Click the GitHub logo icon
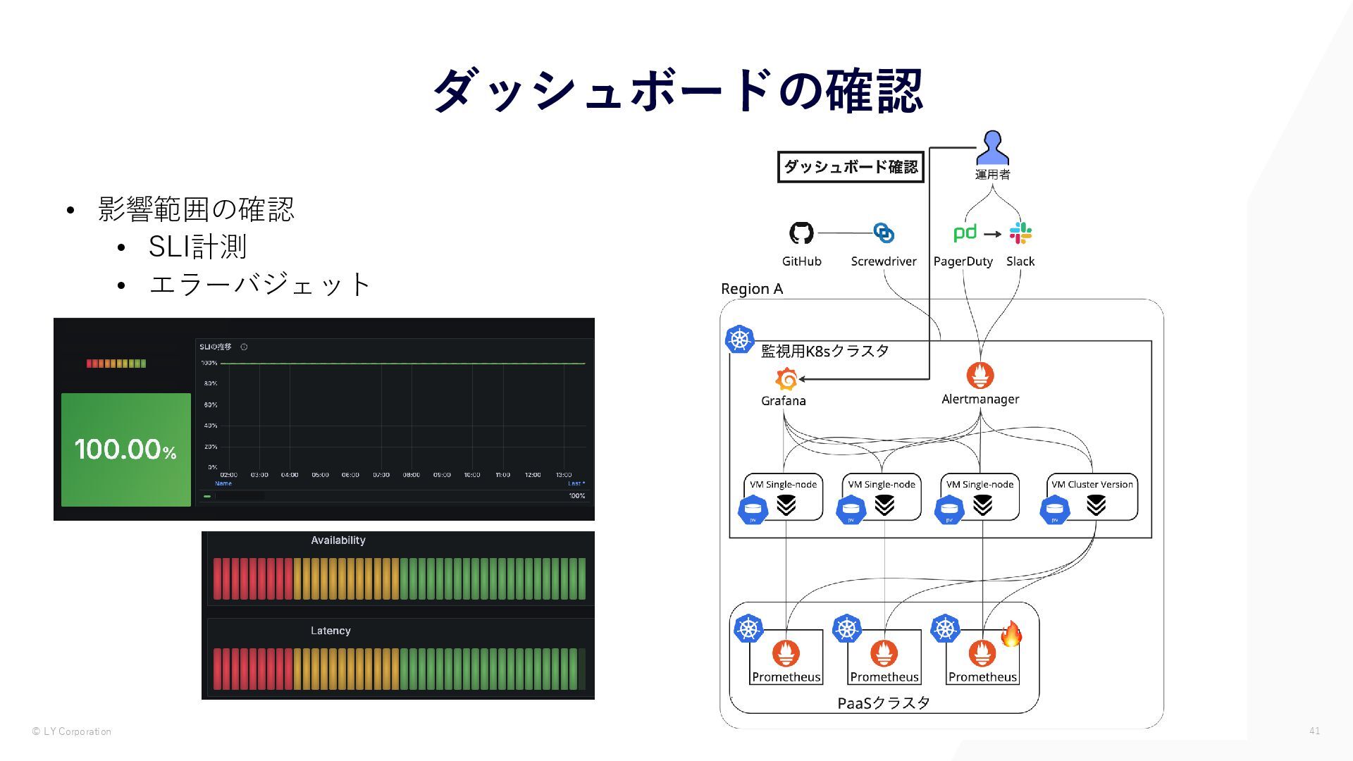click(x=801, y=233)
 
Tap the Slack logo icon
click(x=1020, y=233)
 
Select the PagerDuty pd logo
click(x=965, y=233)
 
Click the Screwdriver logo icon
click(x=884, y=233)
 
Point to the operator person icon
click(x=992, y=147)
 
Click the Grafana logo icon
click(x=786, y=379)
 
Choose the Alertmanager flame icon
click(x=980, y=376)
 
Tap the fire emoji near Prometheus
click(x=1011, y=634)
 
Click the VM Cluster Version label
click(x=1092, y=484)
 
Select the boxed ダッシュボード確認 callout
click(x=851, y=167)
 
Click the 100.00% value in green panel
click(x=125, y=450)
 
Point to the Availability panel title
click(x=338, y=540)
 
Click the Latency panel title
click(x=330, y=631)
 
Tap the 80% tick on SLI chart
click(x=210, y=383)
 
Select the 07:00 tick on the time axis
click(x=381, y=475)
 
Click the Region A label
click(x=752, y=289)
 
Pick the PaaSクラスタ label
click(x=884, y=703)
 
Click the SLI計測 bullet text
click(x=197, y=247)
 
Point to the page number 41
click(x=1314, y=731)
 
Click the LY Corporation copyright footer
click(x=72, y=731)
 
